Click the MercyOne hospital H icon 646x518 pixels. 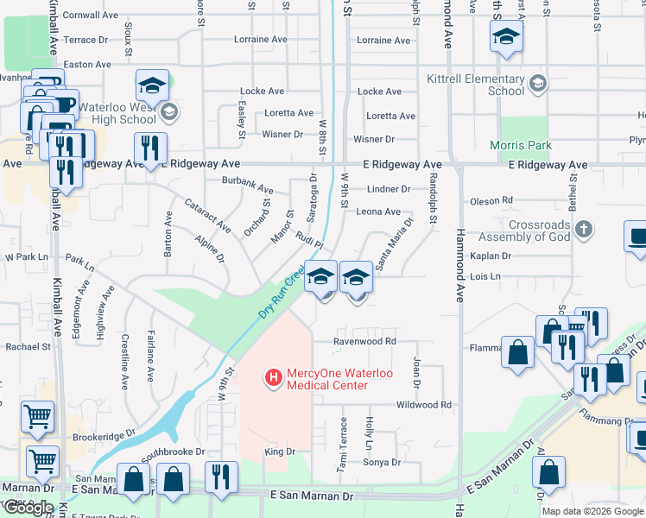pyautogui.click(x=273, y=377)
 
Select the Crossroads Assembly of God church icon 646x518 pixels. pyautogui.click(x=584, y=229)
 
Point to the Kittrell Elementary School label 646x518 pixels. pyautogui.click(x=476, y=84)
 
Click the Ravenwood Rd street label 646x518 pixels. pyautogui.click(x=365, y=341)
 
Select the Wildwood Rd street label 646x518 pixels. pyautogui.click(x=423, y=404)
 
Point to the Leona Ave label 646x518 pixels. pyautogui.click(x=378, y=212)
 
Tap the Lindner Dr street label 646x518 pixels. pyautogui.click(x=388, y=189)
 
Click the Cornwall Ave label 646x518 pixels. pyautogui.click(x=91, y=16)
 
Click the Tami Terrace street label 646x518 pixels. pyautogui.click(x=343, y=445)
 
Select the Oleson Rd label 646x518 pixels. pyautogui.click(x=491, y=201)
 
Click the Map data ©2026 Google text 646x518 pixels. pyautogui.click(x=592, y=511)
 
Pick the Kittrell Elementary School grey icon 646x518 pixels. pyautogui.click(x=538, y=84)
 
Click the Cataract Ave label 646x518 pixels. pyautogui.click(x=207, y=216)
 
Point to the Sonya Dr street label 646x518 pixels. pyautogui.click(x=382, y=462)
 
